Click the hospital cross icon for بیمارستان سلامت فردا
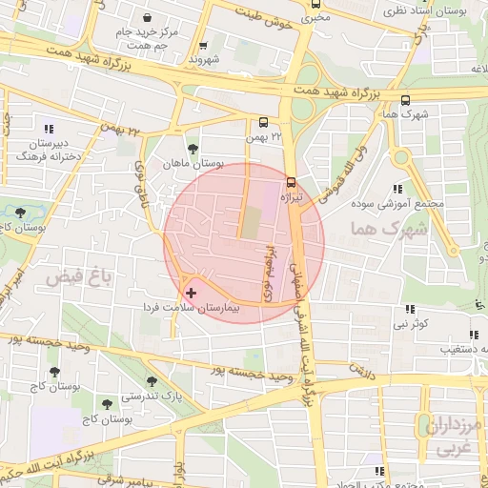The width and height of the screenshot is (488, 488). point(192,293)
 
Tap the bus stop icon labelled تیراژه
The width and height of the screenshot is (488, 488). point(291,180)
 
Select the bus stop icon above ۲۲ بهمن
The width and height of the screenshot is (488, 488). point(263,122)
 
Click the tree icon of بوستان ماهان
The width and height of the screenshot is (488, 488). point(194,148)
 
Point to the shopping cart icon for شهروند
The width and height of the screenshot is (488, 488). point(203,45)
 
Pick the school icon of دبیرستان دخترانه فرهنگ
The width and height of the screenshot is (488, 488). point(49,130)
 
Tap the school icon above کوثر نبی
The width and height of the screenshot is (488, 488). point(411,309)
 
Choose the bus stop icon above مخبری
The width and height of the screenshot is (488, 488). point(315,3)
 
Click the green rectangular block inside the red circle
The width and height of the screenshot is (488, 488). point(249,221)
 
